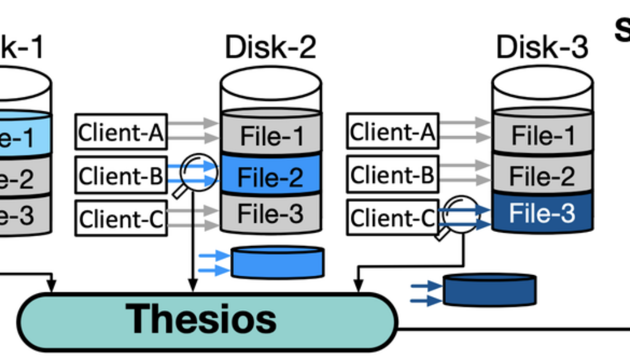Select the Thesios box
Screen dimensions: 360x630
coord(207,321)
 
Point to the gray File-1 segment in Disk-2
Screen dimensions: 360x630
coord(271,134)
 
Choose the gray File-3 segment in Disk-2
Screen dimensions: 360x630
coord(271,214)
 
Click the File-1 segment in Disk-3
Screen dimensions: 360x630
coord(542,134)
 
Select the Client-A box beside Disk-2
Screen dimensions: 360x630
coord(121,131)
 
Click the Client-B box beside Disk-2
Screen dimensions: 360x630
coord(121,175)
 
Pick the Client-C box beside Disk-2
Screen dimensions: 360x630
coord(121,218)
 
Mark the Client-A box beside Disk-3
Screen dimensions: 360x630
coord(393,131)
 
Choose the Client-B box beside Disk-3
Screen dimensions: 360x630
coord(393,175)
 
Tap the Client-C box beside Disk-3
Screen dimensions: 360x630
coord(393,218)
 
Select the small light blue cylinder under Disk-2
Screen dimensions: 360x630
coord(277,262)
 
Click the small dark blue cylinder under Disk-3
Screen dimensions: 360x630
coord(490,290)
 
